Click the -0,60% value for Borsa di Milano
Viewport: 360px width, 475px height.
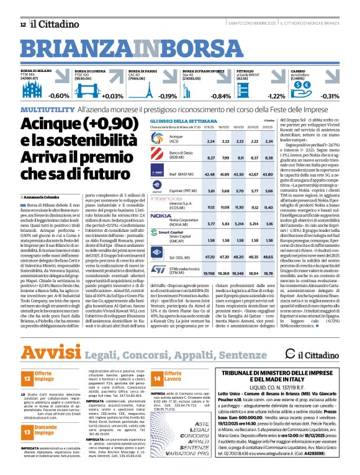pyautogui.click(x=59, y=96)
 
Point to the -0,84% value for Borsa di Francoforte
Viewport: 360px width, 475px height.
pyautogui.click(x=221, y=96)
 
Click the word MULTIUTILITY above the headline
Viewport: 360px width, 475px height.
pyautogui.click(x=47, y=109)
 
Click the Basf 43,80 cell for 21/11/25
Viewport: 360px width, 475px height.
pyautogui.click(x=268, y=174)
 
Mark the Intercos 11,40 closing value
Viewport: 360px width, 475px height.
pyautogui.click(x=268, y=206)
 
